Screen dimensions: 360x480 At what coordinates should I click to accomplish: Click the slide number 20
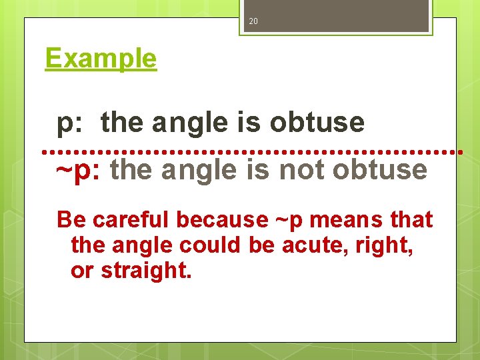(x=253, y=21)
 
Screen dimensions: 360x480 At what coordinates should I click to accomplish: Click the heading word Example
(x=101, y=59)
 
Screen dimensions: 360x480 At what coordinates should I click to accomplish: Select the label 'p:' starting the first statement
(x=71, y=123)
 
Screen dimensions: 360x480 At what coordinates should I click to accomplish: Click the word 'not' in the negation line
(x=301, y=169)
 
